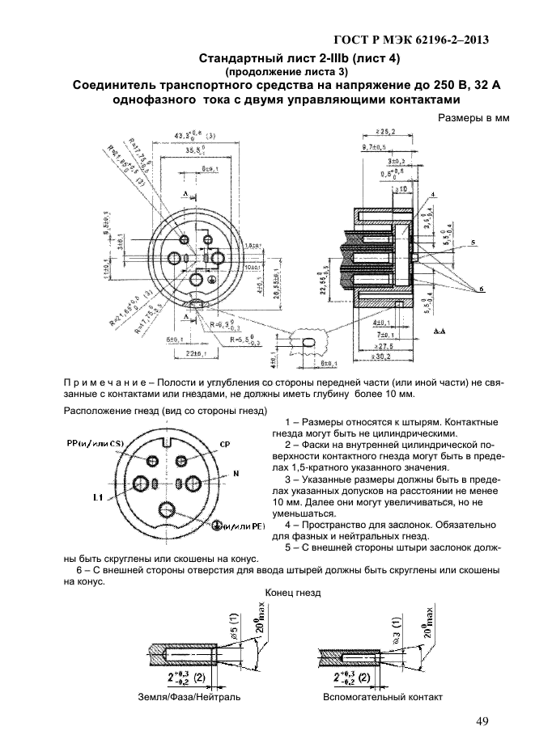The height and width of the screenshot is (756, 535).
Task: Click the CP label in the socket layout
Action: coord(224,445)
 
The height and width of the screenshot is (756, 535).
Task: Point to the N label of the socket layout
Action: coord(236,471)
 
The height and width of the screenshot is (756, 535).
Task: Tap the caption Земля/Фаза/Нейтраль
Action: coord(189,696)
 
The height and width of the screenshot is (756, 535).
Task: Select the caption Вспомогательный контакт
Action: coord(382,696)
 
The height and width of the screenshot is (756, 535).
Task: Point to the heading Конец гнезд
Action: coord(294,592)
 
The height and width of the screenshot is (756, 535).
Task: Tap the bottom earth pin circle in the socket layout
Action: coord(169,510)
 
